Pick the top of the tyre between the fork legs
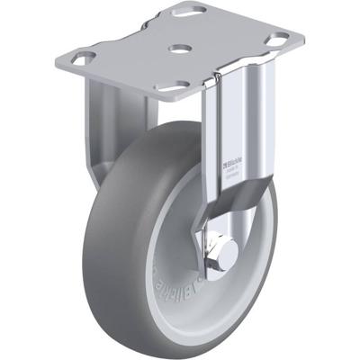pyautogui.click(x=171, y=135)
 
